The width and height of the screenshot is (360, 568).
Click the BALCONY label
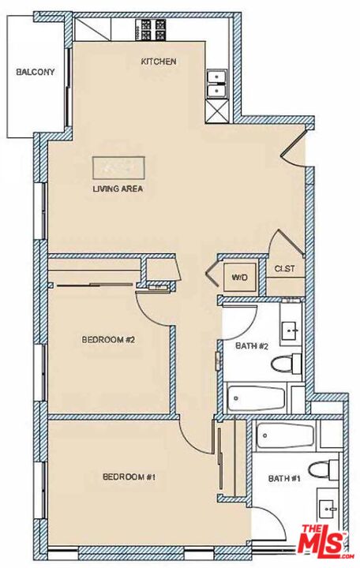click(36, 72)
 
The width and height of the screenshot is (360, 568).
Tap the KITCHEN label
click(158, 61)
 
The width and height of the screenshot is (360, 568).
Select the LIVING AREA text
click(118, 189)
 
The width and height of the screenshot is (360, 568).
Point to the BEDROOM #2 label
click(109, 340)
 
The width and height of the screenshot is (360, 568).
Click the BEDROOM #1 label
click(129, 476)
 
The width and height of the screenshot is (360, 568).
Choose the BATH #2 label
click(253, 346)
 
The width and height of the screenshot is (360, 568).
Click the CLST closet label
click(285, 269)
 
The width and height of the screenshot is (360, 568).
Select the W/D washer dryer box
click(239, 278)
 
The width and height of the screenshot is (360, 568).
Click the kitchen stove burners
click(150, 30)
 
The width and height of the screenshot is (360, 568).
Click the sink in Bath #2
click(291, 331)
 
